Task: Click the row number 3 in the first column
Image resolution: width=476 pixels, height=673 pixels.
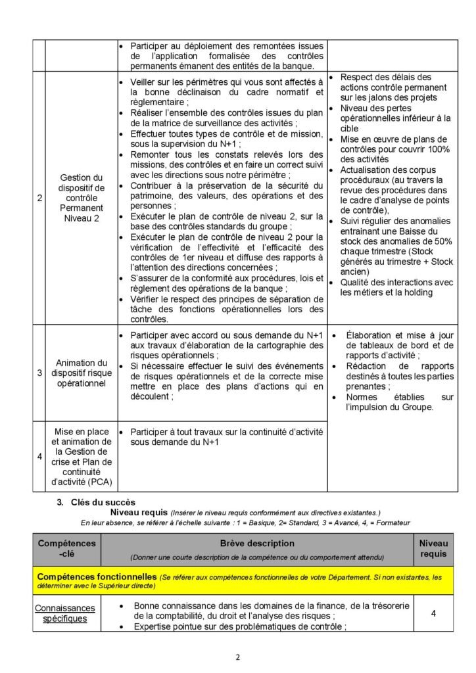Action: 38,373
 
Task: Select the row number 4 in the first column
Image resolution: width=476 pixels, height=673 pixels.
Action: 38,455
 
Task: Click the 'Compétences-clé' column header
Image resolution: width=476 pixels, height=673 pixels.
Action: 67,549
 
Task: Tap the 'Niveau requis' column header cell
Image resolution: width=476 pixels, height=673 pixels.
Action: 433,549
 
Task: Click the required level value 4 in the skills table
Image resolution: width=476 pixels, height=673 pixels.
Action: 433,613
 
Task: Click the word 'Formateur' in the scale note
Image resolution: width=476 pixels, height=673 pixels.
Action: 392,523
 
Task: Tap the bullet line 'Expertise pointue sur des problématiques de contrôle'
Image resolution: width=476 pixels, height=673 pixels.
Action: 240,627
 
